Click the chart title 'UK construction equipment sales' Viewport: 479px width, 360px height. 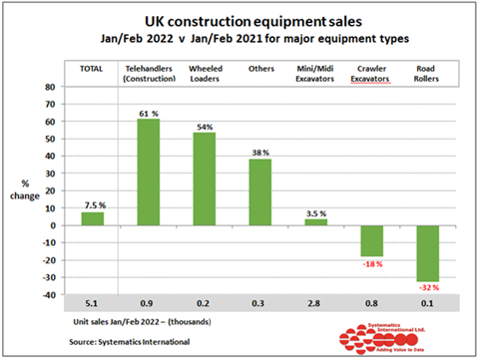(x=239, y=20)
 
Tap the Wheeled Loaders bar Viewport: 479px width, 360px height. (x=204, y=179)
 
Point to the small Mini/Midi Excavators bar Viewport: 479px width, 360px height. (x=315, y=221)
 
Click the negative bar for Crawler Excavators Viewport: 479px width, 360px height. (x=371, y=240)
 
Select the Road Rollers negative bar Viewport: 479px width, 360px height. (x=427, y=252)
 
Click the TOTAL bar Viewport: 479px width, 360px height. (x=92, y=218)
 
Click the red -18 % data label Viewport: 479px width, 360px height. (x=371, y=264)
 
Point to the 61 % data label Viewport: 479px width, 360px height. (x=148, y=113)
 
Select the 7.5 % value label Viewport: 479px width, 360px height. (x=92, y=205)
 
